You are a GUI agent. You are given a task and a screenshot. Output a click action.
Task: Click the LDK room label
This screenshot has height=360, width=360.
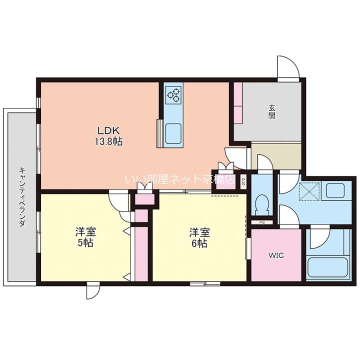click(108, 131)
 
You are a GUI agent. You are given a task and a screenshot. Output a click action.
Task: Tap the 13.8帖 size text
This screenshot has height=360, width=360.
click(108, 141)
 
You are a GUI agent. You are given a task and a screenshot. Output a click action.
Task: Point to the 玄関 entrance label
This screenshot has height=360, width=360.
click(272, 112)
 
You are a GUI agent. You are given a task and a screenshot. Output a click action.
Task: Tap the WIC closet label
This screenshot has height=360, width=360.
click(276, 255)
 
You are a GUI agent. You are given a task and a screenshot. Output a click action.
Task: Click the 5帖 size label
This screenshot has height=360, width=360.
click(85, 243)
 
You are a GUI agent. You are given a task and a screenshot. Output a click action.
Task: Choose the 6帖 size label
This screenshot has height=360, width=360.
click(199, 243)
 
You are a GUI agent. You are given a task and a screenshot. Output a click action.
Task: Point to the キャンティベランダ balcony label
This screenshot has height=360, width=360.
click(22, 197)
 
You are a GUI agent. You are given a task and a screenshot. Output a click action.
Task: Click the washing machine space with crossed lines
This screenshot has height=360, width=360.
click(309, 191)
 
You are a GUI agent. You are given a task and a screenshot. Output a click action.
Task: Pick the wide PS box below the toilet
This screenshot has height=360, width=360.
click(261, 222)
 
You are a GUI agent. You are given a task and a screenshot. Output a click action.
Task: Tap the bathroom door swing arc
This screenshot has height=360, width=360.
click(320, 238)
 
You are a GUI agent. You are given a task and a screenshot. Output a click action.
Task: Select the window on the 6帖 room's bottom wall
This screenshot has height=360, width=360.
click(205, 283)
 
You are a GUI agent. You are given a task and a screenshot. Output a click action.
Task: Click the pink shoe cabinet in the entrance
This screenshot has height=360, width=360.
click(238, 103)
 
